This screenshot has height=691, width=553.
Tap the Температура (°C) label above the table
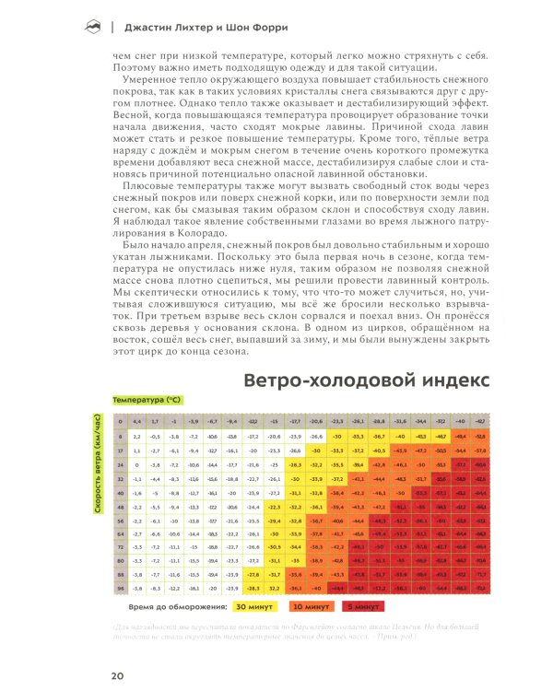(x=146, y=402)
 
